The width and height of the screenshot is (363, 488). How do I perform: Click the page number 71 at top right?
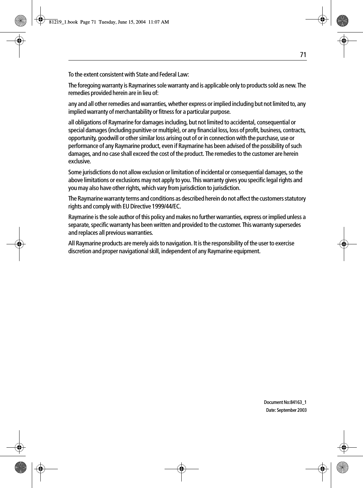(303, 55)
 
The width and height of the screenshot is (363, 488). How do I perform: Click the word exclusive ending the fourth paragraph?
(79, 162)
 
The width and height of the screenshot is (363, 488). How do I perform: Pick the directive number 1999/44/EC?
(166, 207)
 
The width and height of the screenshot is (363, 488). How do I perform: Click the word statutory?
(294, 199)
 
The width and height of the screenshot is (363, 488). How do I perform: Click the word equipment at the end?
(248, 252)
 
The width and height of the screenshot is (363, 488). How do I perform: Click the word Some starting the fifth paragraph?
(75, 172)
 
